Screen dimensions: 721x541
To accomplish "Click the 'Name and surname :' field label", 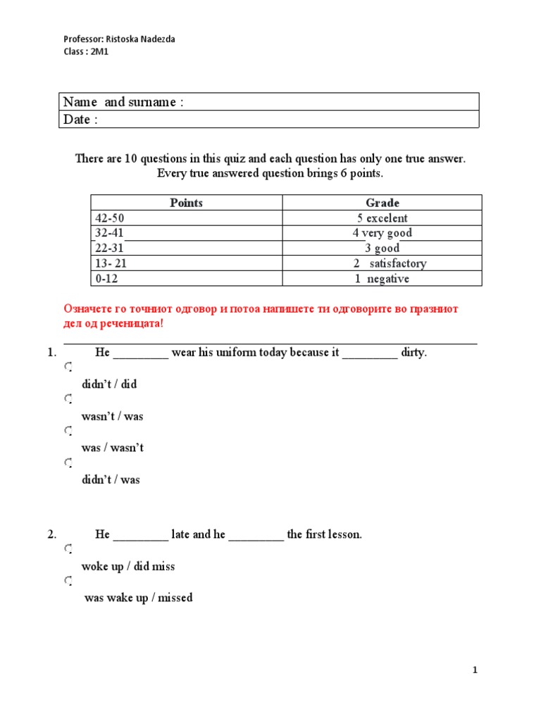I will [x=123, y=102].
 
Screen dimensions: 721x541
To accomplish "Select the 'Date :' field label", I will [x=80, y=120].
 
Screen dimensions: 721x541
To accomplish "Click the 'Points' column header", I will [x=186, y=203].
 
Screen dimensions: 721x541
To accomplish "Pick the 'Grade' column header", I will [x=383, y=203].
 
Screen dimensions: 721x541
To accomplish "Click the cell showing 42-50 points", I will [x=110, y=218].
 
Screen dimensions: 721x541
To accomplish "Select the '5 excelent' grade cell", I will [x=383, y=218].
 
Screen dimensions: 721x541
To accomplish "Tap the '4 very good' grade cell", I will [x=383, y=233].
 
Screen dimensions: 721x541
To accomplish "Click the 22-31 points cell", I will [x=110, y=249].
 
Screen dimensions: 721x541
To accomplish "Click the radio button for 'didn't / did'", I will [x=68, y=368].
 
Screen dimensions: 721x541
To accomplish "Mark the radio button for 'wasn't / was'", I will [x=68, y=399].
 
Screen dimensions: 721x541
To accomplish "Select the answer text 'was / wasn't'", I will [x=112, y=448].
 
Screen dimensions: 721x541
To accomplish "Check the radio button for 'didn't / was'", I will [x=68, y=463].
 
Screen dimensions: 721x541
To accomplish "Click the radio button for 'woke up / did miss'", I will [x=68, y=549].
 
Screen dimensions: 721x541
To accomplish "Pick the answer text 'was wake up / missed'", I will [x=138, y=598].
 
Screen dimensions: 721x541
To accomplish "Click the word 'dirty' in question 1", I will [x=413, y=353].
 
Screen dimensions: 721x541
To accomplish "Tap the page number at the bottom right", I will [x=475, y=671].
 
